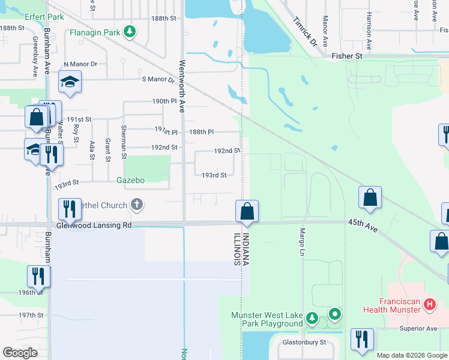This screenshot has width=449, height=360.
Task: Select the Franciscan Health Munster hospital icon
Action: tap(429, 305)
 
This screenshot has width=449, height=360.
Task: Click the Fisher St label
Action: tap(347, 56)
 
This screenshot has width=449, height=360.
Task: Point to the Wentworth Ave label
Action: tap(181, 86)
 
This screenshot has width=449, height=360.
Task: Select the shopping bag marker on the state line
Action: tap(247, 212)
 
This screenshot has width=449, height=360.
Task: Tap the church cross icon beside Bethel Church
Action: tap(137, 205)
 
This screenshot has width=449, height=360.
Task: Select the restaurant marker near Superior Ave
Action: tap(363, 340)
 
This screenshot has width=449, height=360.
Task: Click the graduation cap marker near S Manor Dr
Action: tap(70, 83)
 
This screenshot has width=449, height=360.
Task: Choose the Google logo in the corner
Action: tap(20, 353)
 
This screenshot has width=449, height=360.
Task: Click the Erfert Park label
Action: tap(44, 17)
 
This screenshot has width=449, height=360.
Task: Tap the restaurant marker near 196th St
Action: tap(38, 277)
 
